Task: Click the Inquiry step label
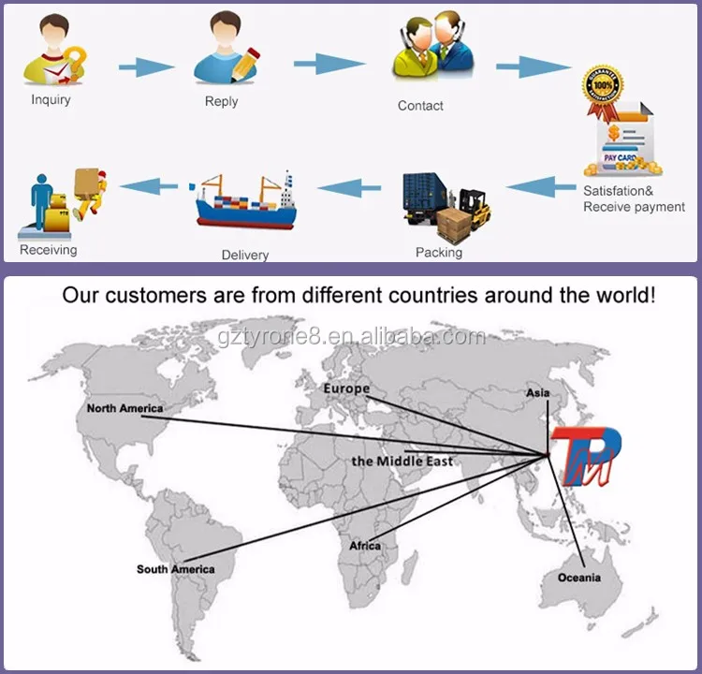[51, 99]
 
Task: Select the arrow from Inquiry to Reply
[146, 67]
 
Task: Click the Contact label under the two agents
[420, 106]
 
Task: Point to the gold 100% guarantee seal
[603, 85]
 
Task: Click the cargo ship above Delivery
[246, 200]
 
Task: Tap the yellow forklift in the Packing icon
[475, 208]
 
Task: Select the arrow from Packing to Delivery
[349, 187]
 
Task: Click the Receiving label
[49, 249]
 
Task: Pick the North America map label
[124, 408]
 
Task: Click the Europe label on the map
[346, 388]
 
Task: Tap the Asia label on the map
[537, 393]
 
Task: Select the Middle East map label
[402, 462]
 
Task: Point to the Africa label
[365, 546]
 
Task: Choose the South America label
[176, 569]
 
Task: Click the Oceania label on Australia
[578, 578]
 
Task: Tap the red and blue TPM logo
[586, 456]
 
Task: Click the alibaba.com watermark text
[352, 337]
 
